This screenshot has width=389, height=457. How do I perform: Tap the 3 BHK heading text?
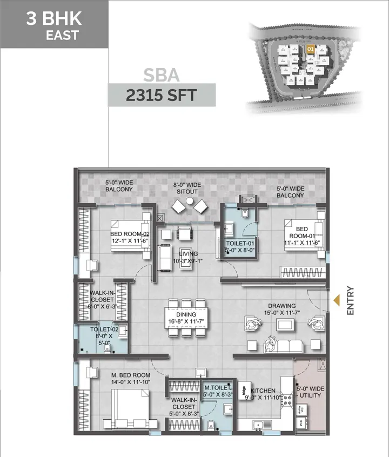point(54,20)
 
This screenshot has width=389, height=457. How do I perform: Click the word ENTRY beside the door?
point(350,300)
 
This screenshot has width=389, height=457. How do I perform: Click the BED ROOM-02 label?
point(130,237)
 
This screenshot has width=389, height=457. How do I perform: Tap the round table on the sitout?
point(190,201)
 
